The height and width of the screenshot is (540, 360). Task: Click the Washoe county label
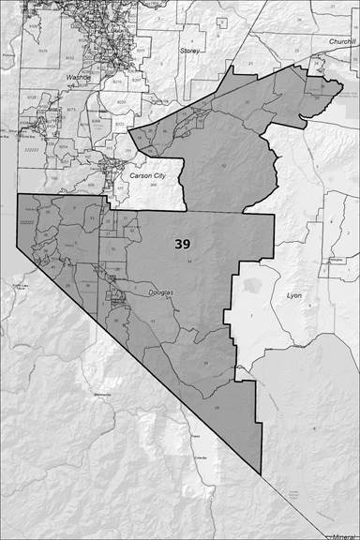click(78, 77)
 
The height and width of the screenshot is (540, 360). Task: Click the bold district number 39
click(184, 243)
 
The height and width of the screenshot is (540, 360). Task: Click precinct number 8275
click(69, 111)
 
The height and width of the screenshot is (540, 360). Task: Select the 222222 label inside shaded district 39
click(27, 223)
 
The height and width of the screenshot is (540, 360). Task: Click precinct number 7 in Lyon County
click(251, 319)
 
